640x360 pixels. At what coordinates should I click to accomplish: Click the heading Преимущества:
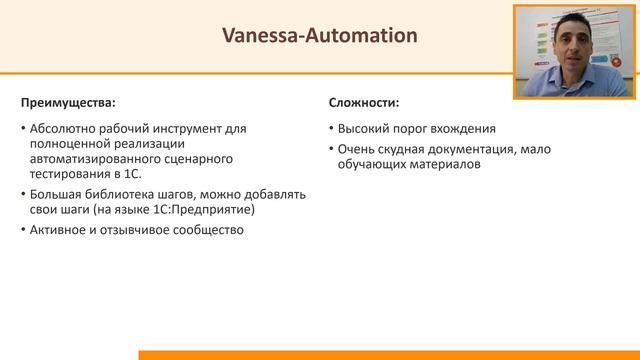(x=67, y=102)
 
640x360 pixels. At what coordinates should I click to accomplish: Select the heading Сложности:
(x=364, y=102)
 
